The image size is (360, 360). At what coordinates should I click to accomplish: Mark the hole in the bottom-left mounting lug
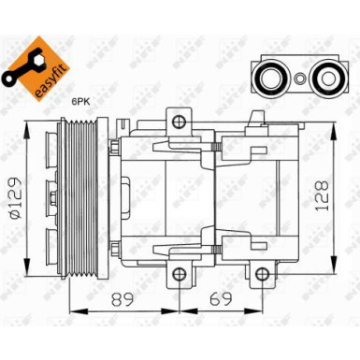tap(176, 272)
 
